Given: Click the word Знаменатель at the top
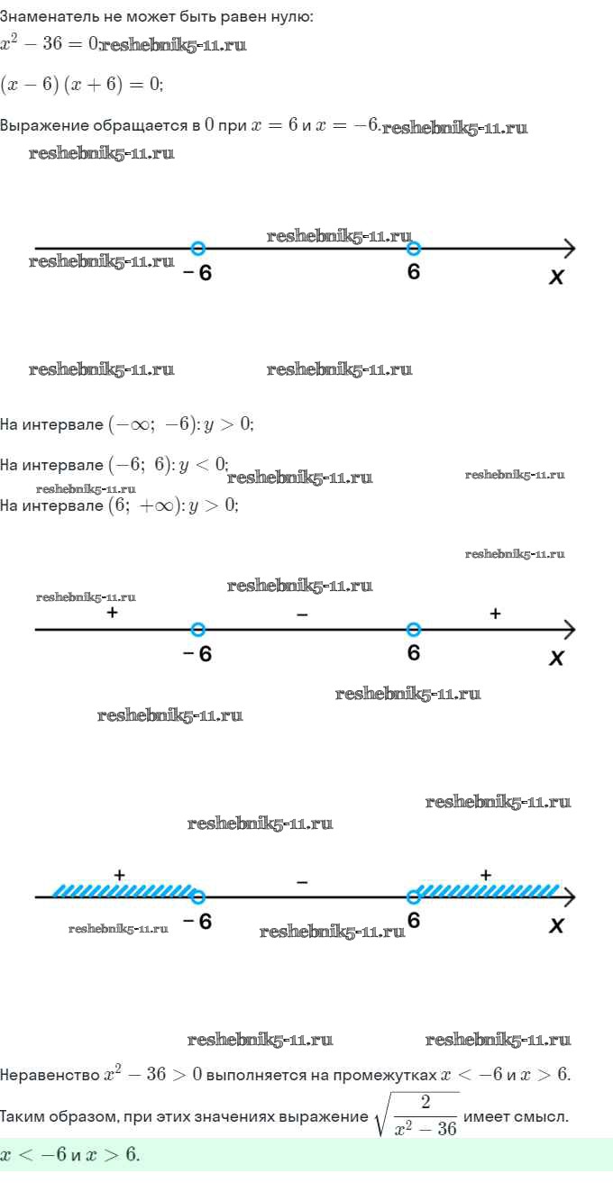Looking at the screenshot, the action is pyautogui.click(x=50, y=16).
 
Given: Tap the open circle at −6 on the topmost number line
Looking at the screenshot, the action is pyautogui.click(x=198, y=248).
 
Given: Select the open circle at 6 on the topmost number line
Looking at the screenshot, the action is pyautogui.click(x=413, y=248).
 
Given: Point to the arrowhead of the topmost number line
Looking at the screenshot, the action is pyautogui.click(x=570, y=249).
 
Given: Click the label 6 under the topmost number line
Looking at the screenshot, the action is pyautogui.click(x=413, y=272).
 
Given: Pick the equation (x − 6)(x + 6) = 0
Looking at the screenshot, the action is pyautogui.click(x=82, y=84).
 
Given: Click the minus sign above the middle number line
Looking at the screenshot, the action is pyautogui.click(x=302, y=614).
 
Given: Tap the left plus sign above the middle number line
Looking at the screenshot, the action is pyautogui.click(x=112, y=613).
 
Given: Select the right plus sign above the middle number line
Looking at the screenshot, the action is pyautogui.click(x=495, y=613).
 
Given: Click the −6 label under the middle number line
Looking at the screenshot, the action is pyautogui.click(x=197, y=653).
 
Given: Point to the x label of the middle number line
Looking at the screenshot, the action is pyautogui.click(x=556, y=658).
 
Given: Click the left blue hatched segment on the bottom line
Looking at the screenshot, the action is pyautogui.click(x=123, y=890).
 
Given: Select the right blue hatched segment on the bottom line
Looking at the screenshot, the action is pyautogui.click(x=487, y=890).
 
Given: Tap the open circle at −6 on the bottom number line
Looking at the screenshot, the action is pyautogui.click(x=198, y=896).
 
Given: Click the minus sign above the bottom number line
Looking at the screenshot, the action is pyautogui.click(x=302, y=881).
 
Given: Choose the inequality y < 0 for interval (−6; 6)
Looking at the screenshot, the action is pyautogui.click(x=203, y=464).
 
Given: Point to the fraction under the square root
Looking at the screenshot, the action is pyautogui.click(x=425, y=1115).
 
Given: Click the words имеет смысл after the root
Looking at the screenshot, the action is pyautogui.click(x=515, y=1117).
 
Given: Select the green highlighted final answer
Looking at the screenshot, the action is pyautogui.click(x=69, y=1154).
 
